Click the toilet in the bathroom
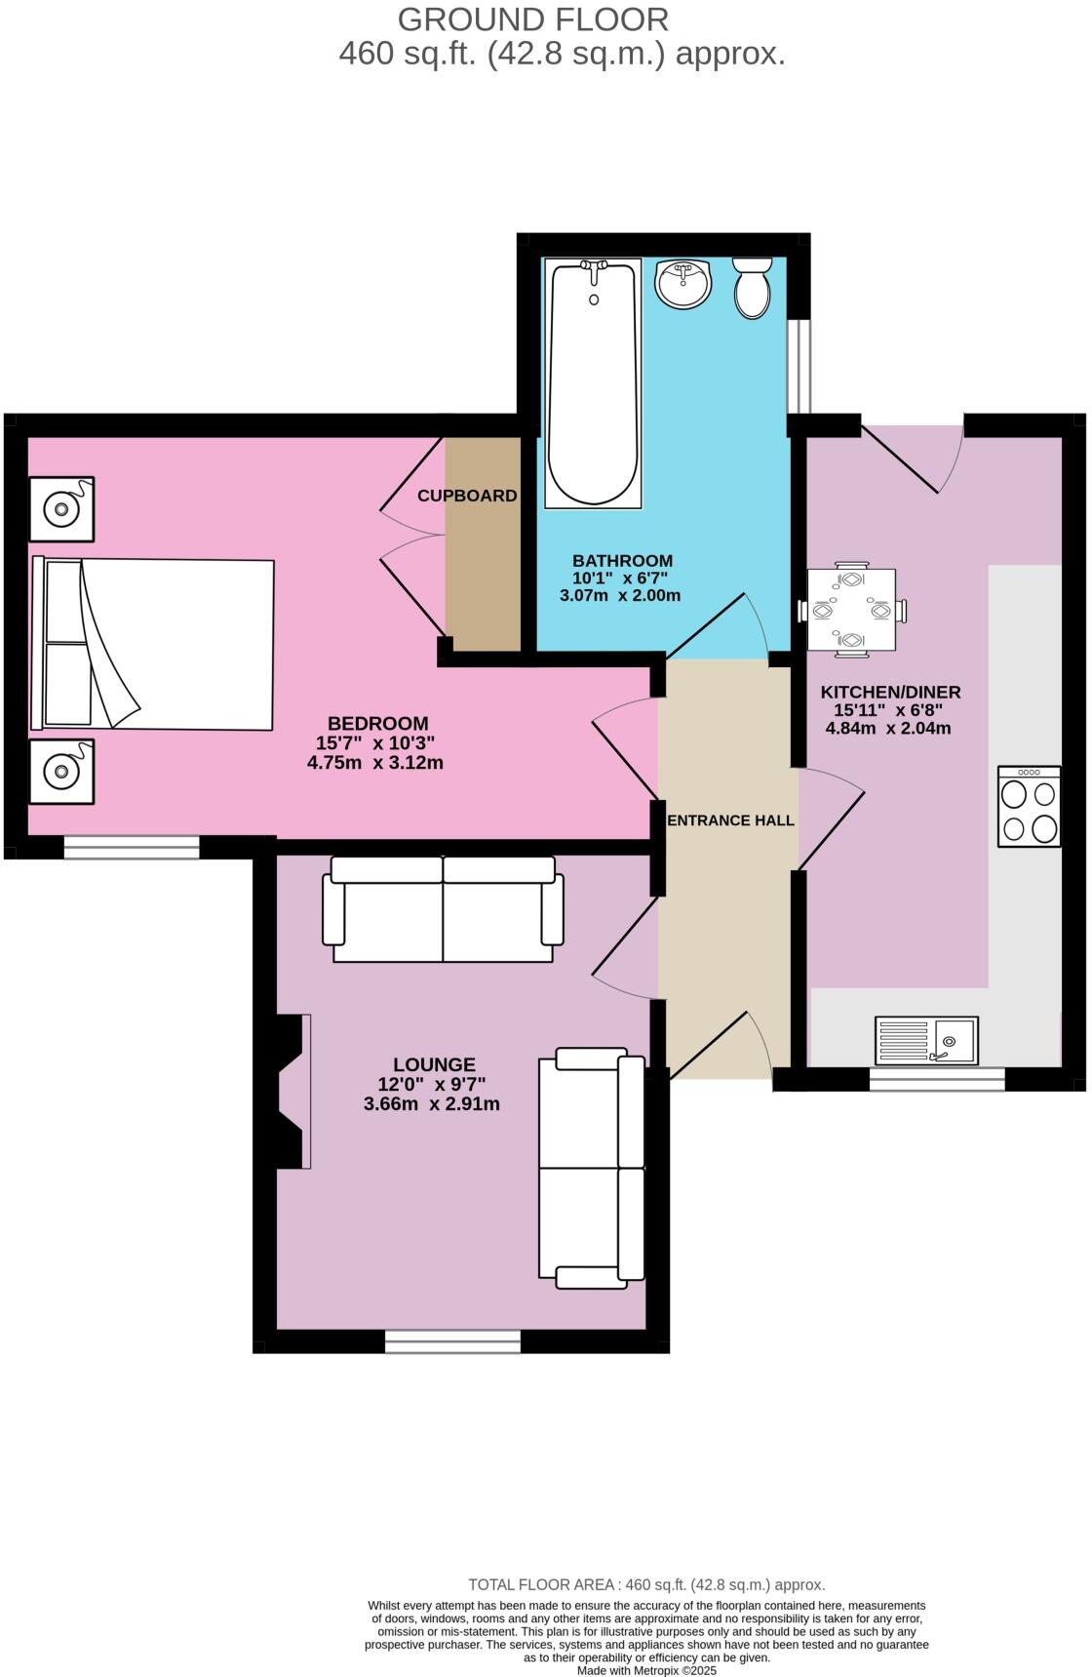click(752, 289)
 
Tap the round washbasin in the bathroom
click(683, 283)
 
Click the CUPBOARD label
click(467, 496)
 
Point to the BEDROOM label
click(377, 724)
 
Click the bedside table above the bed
click(61, 508)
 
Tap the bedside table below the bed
click(61, 771)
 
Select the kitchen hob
click(1029, 806)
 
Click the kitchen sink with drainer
click(925, 1041)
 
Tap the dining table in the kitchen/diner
click(851, 610)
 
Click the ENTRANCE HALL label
click(730, 820)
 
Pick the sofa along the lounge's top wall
click(444, 909)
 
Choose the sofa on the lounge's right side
click(592, 1168)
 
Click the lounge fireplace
click(292, 1091)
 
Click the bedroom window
click(132, 848)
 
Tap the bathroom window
click(799, 366)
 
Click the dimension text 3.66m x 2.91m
click(431, 1104)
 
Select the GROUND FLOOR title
click(533, 20)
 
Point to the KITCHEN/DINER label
click(890, 693)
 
